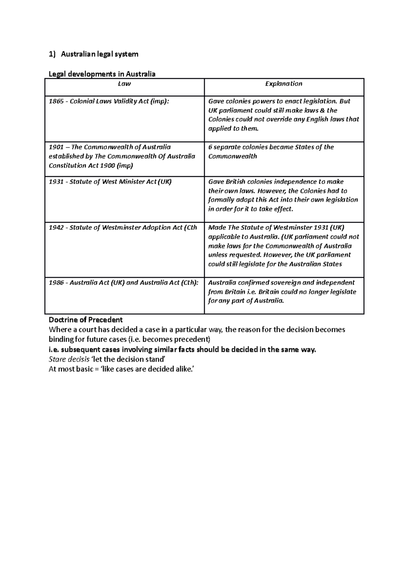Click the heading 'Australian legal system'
(x=99, y=54)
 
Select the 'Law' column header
(x=124, y=84)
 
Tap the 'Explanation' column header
(x=284, y=84)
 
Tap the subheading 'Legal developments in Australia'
(x=102, y=74)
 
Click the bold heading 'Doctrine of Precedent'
(x=86, y=320)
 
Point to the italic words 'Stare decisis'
(x=69, y=360)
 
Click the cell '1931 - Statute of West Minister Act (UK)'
(x=110, y=182)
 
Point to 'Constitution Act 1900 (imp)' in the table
(x=91, y=165)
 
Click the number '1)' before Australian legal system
(x=51, y=54)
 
